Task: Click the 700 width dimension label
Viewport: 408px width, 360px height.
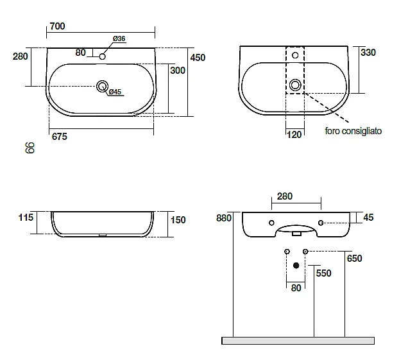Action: point(57,26)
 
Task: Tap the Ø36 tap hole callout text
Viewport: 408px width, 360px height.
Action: point(119,39)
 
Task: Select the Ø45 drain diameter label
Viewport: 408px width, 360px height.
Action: point(115,92)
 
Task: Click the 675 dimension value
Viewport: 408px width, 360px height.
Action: point(59,137)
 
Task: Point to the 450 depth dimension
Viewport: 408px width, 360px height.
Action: point(198,58)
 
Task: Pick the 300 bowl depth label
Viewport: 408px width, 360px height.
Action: point(178,71)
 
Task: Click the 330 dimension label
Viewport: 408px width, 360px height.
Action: point(368,53)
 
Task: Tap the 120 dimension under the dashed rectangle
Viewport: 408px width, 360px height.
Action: point(294,135)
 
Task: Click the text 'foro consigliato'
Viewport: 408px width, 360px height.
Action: point(353,131)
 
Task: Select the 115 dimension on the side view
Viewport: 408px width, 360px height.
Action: point(26,218)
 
